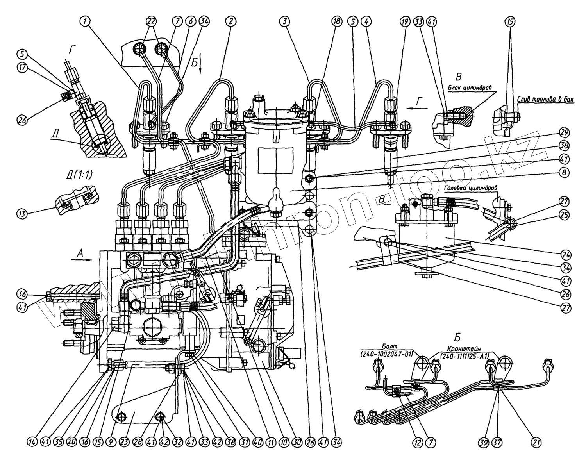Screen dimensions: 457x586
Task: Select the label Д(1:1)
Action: click(79, 175)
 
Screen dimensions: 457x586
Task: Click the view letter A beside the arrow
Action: click(80, 254)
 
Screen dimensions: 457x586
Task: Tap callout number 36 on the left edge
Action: click(21, 293)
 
